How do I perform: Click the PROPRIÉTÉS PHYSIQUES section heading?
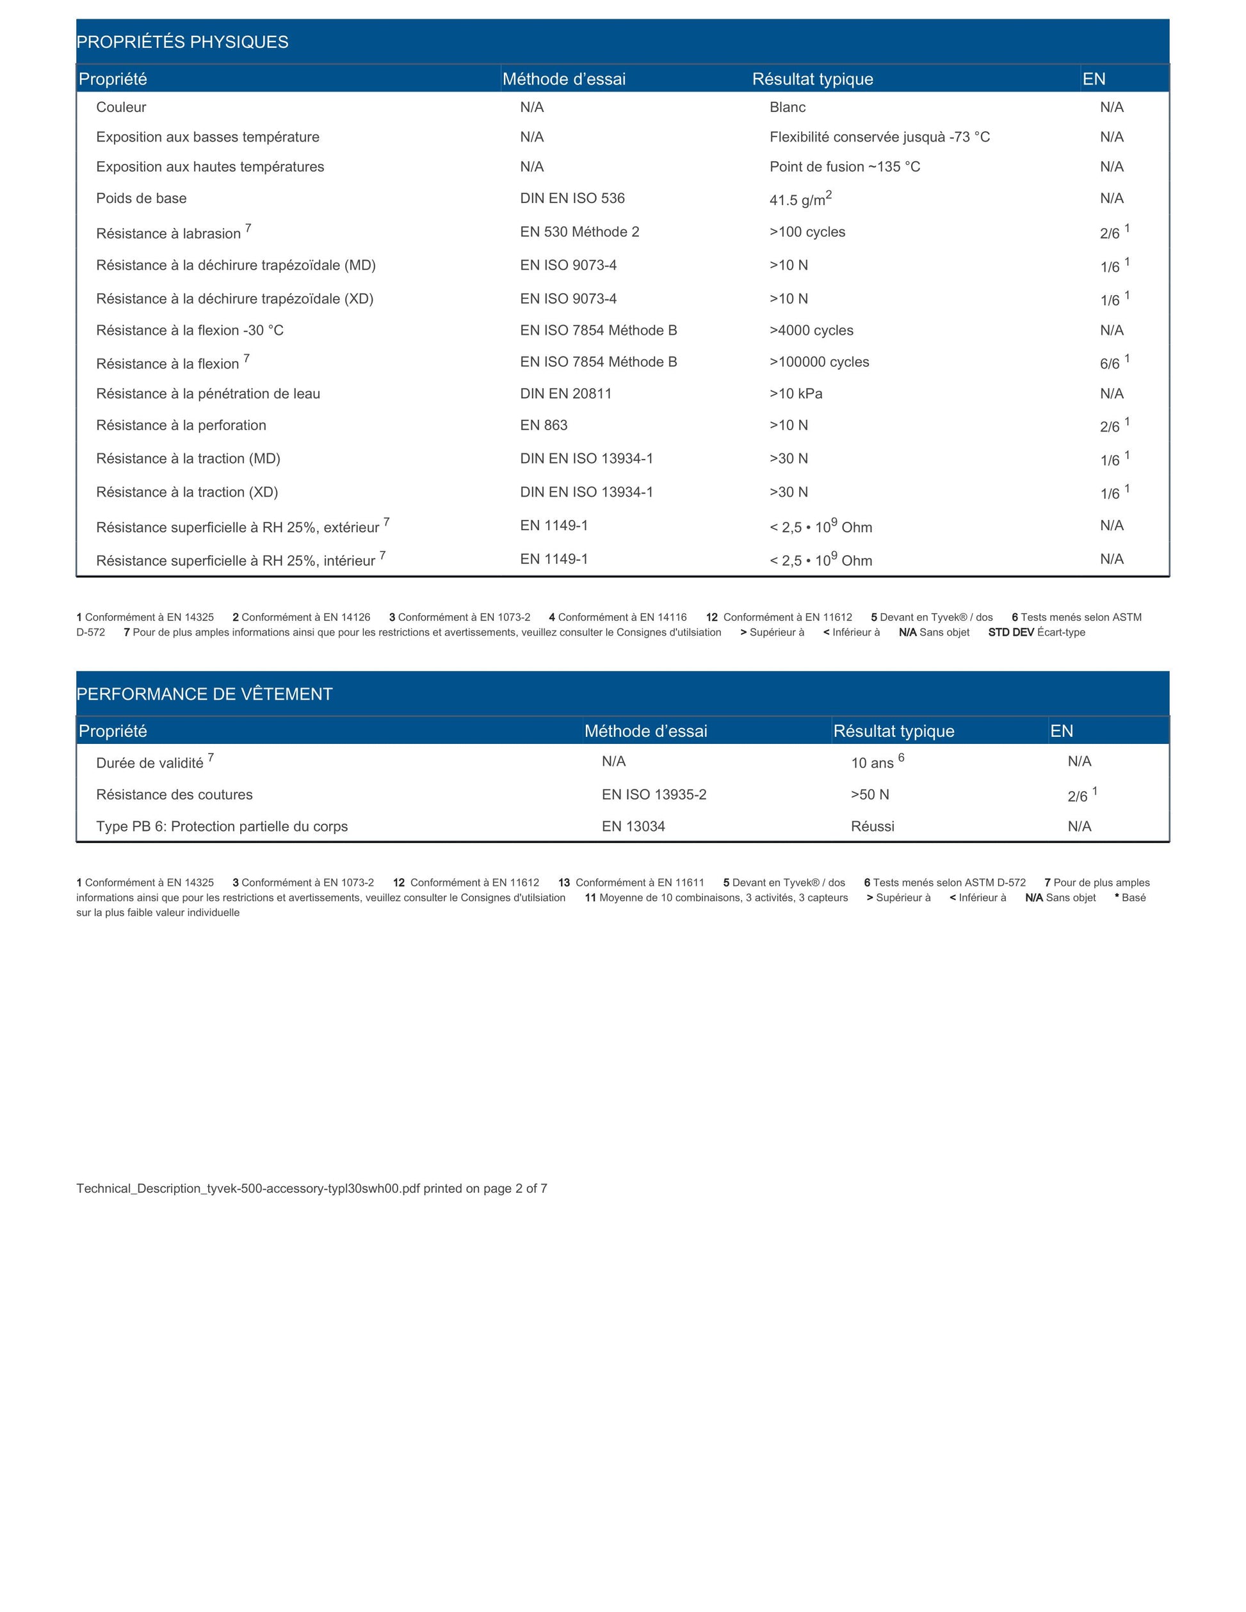coord(182,42)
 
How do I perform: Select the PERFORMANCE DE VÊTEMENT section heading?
coord(204,694)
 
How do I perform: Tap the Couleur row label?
coord(121,107)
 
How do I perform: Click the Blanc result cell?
coord(788,107)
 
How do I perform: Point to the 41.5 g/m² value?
coord(800,199)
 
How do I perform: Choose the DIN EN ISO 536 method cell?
coord(572,198)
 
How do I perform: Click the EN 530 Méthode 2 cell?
coord(579,232)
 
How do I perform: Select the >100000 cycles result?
coord(820,362)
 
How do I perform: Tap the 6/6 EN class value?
coord(1110,363)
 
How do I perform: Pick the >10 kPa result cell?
coord(796,394)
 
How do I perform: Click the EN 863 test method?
coord(543,425)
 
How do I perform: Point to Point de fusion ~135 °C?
coord(845,167)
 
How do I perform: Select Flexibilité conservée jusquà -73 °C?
coord(879,136)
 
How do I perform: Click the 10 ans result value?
coord(873,762)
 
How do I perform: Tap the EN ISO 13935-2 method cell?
coord(654,794)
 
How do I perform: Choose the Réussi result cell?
coord(873,826)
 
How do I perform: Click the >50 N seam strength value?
coord(870,794)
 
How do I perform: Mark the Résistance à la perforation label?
coord(181,425)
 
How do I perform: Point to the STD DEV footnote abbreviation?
coord(1010,632)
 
